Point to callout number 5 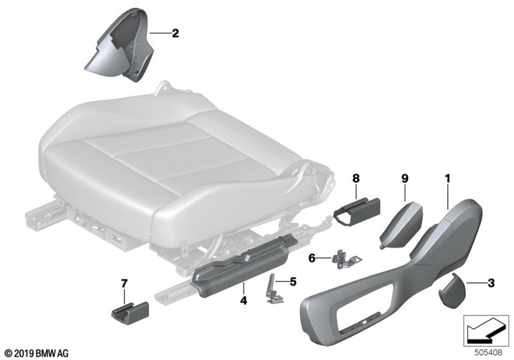coord(294,280)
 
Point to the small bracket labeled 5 coord(275,285)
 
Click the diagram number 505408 coord(488,352)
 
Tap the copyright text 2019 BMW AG coord(36,353)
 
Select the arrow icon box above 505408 coord(487,330)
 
